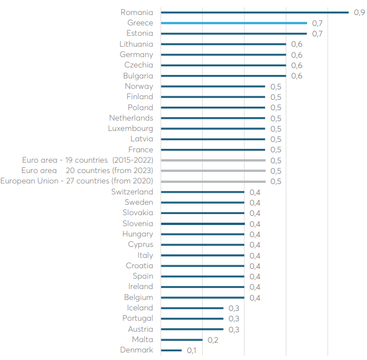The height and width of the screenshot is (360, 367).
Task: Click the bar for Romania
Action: pos(255,12)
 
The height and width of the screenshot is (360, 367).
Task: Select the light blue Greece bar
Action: pos(234,23)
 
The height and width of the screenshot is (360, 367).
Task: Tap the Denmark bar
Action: pos(171,350)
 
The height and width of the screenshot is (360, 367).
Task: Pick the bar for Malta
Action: pos(181,340)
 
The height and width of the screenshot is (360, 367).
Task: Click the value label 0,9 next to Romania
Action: pos(359,12)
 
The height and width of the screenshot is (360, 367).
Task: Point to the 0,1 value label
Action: pos(192,350)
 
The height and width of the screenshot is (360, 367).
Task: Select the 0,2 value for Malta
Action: pos(213,340)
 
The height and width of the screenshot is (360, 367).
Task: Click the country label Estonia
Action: pos(139,33)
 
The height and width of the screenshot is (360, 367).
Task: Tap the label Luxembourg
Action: pos(131,128)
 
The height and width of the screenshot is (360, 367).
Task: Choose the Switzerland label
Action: pos(132,192)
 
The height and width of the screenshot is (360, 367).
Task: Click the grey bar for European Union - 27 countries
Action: pos(213,181)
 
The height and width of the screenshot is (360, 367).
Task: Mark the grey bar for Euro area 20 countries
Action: pos(213,171)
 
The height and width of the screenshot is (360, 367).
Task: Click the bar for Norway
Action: pos(213,86)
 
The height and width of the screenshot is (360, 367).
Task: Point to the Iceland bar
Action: pos(192,308)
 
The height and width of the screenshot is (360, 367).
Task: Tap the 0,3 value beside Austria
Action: pos(234,329)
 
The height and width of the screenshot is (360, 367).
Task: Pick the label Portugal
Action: pos(138,318)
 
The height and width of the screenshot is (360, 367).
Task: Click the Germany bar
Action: pos(224,55)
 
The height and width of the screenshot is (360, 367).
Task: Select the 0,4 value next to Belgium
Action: pos(255,298)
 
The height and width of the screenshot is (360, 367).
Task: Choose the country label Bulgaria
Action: pos(138,76)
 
